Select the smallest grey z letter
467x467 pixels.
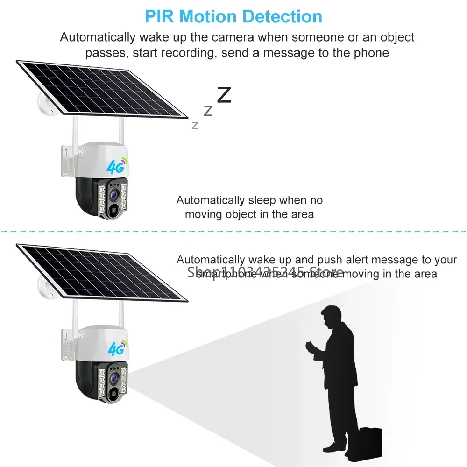click(195, 125)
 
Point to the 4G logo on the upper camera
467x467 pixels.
click(116, 165)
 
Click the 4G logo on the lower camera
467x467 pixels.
click(116, 348)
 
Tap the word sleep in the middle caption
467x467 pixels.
click(261, 200)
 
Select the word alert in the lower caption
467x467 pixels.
click(356, 260)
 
